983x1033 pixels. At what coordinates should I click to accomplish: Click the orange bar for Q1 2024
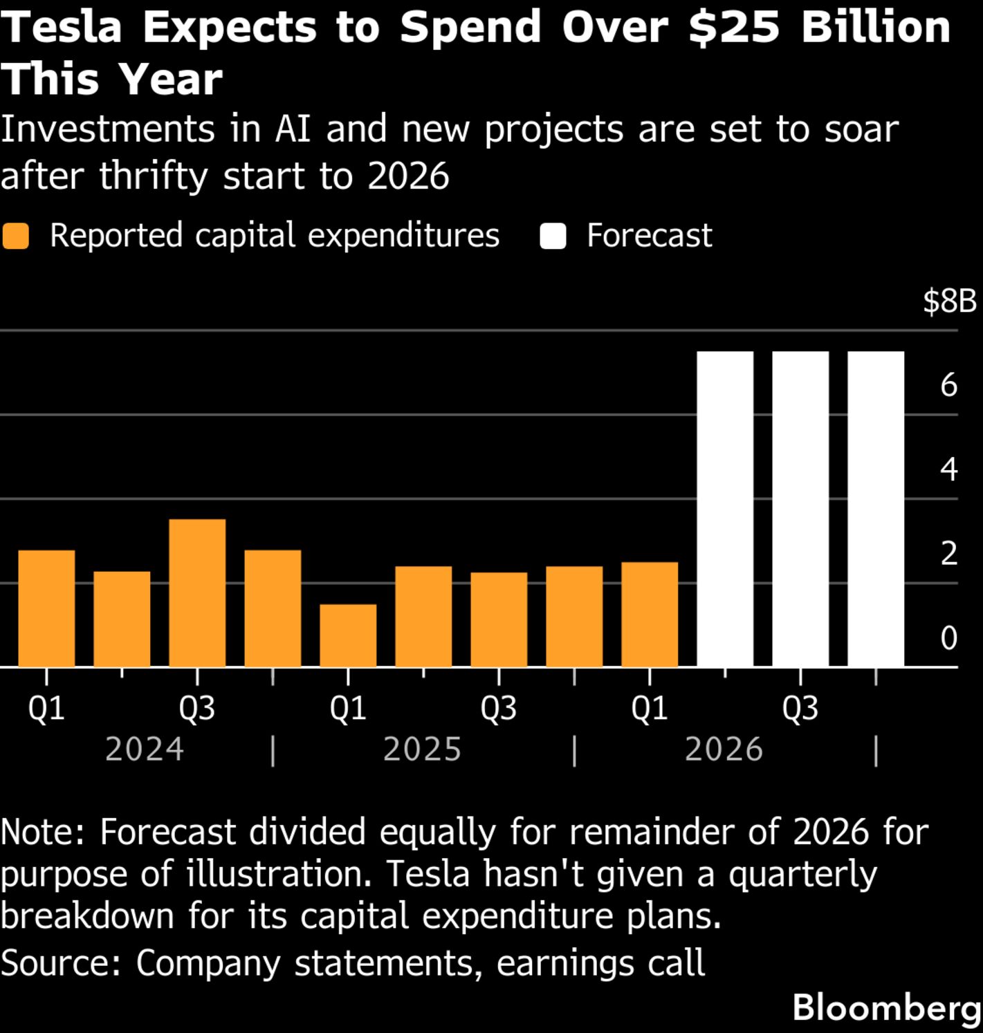pos(46,608)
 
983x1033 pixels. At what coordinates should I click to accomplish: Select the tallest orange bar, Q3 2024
pos(197,593)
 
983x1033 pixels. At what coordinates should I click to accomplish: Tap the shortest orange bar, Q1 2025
pos(348,635)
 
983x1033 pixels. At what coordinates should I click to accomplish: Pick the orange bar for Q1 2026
pos(650,614)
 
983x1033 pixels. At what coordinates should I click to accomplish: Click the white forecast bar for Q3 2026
pos(800,509)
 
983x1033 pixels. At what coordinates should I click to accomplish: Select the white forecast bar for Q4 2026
pos(876,509)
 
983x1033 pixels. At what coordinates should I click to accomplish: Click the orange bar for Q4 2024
pos(273,608)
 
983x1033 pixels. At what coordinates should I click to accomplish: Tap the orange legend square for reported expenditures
pos(15,236)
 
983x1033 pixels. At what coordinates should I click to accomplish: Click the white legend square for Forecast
pos(553,236)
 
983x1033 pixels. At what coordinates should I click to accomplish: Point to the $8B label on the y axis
pos(949,301)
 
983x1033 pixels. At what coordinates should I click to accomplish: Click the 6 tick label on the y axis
pos(948,384)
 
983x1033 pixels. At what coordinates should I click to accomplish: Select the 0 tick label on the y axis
pos(948,638)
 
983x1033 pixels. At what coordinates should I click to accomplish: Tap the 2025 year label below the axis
pos(422,750)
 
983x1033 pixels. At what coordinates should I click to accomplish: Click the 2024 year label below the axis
pos(144,750)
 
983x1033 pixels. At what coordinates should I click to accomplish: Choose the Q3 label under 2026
pos(800,708)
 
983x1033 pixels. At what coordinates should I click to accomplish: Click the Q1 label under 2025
pos(348,708)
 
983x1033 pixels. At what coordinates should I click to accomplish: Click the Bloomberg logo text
pos(887,1007)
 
